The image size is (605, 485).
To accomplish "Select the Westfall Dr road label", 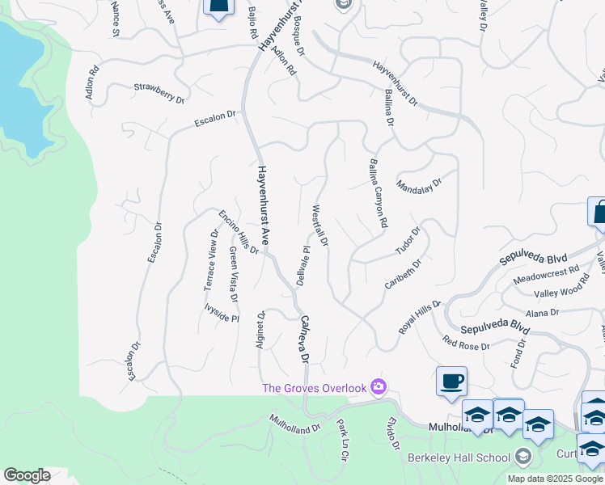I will (320, 226).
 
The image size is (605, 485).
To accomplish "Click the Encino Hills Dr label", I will (238, 232).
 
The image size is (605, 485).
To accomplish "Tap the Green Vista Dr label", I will (232, 275).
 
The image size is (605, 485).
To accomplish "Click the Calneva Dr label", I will (305, 339).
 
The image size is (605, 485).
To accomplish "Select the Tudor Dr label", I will (408, 242).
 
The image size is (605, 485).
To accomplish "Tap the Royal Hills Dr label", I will (420, 318).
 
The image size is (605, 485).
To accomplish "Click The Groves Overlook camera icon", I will (378, 388).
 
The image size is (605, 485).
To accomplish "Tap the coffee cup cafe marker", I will (451, 380).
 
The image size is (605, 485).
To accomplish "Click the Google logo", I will (27, 475).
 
